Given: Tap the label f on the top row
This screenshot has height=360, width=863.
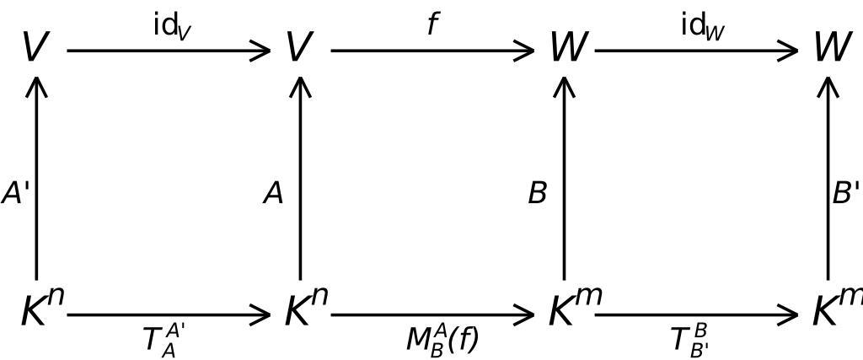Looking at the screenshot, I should tap(433, 24).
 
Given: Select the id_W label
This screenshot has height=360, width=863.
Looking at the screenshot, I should tap(703, 26).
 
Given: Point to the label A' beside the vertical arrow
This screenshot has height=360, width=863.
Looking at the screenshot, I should tap(15, 194).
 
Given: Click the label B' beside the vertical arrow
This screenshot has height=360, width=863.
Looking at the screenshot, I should tap(845, 194).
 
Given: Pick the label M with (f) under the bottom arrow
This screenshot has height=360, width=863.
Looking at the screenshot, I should tap(442, 339).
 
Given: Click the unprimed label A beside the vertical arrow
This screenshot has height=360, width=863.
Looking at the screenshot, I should tap(273, 194).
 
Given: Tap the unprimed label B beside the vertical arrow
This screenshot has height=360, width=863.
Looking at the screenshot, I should tap(538, 194).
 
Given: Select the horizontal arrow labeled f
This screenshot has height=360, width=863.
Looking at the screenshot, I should tap(433, 51).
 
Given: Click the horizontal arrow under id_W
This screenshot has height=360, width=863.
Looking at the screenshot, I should tap(696, 51).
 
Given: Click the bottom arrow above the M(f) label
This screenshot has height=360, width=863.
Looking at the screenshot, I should tap(433, 315).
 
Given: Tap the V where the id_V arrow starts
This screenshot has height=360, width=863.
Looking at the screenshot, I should tap(35, 47).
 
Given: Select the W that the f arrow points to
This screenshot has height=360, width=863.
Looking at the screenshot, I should tap(566, 47).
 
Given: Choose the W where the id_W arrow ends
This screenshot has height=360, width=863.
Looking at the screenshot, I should tap(831, 47).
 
